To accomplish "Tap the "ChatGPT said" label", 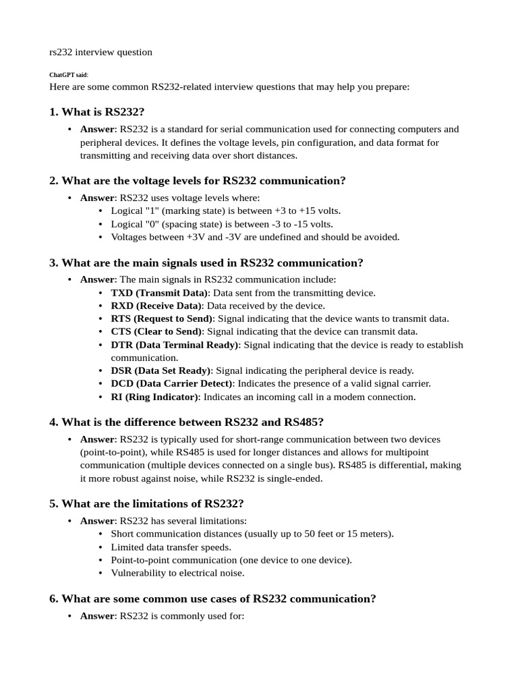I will pyautogui.click(x=68, y=75).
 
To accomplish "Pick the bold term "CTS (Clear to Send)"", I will pyautogui.click(x=156, y=331).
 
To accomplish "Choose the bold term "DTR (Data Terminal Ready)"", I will pyautogui.click(x=175, y=345).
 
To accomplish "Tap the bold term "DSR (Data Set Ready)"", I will pyautogui.click(x=161, y=370).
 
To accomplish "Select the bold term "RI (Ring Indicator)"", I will pyautogui.click(x=155, y=397).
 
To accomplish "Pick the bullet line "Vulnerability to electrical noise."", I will pyautogui.click(x=177, y=573).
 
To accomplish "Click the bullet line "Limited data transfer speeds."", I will pyautogui.click(x=171, y=547).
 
